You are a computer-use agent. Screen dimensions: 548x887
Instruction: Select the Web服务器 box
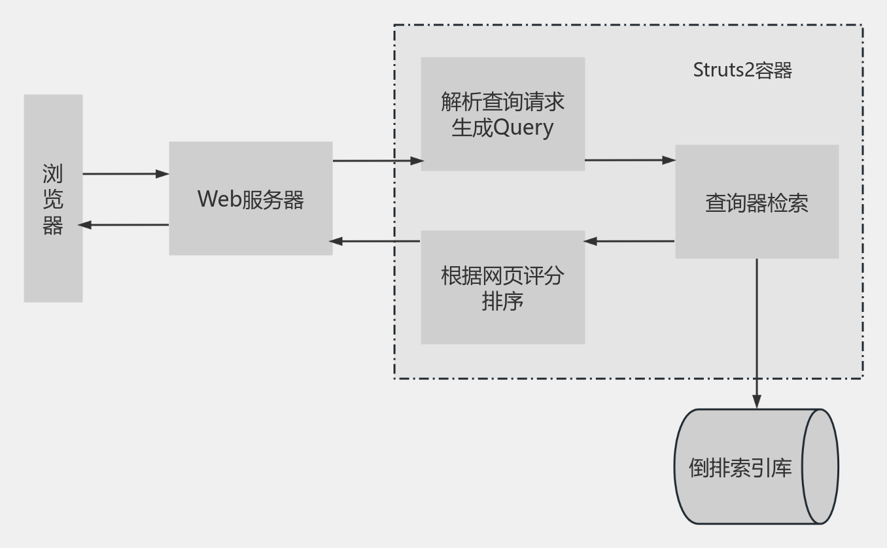click(x=251, y=198)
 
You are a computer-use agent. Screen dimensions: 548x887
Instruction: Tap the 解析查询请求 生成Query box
click(x=502, y=114)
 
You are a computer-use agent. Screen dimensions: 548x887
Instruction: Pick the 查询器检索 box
click(x=757, y=201)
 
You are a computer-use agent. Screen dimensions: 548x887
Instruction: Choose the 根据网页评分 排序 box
click(x=502, y=287)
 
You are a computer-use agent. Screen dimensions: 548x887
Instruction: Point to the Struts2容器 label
click(x=742, y=70)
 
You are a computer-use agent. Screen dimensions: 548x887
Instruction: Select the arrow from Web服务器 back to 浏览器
click(x=124, y=225)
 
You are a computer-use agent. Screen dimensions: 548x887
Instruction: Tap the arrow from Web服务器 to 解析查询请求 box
click(x=377, y=160)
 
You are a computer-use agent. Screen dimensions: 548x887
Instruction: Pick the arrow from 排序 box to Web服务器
click(x=375, y=241)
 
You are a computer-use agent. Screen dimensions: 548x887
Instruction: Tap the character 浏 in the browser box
click(x=53, y=174)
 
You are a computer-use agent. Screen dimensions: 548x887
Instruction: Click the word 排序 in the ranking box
click(x=502, y=301)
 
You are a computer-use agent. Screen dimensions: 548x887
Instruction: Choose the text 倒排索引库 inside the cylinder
click(x=740, y=468)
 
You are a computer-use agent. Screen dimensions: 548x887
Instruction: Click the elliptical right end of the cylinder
click(x=820, y=466)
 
